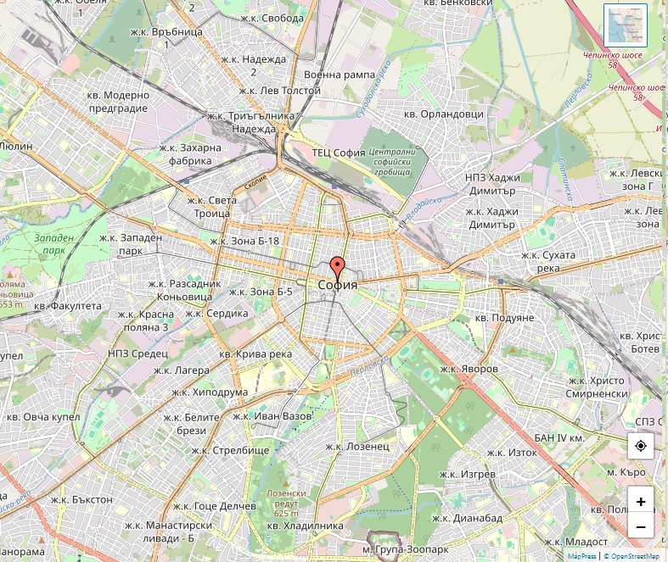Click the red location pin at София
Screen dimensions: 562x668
pyautogui.click(x=337, y=269)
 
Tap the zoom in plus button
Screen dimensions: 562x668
pyautogui.click(x=640, y=501)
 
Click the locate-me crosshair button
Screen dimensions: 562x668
pyautogui.click(x=640, y=445)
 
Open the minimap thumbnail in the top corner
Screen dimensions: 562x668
pyautogui.click(x=625, y=25)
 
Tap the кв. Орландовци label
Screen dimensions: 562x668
pyautogui.click(x=443, y=114)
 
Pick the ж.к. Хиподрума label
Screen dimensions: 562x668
pyautogui.click(x=209, y=392)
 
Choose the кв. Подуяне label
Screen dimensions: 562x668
pyautogui.click(x=504, y=317)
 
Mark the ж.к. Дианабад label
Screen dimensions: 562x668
pyautogui.click(x=467, y=518)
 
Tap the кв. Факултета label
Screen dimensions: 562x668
pyautogui.click(x=68, y=305)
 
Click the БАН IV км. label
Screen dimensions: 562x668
pyautogui.click(x=559, y=437)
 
